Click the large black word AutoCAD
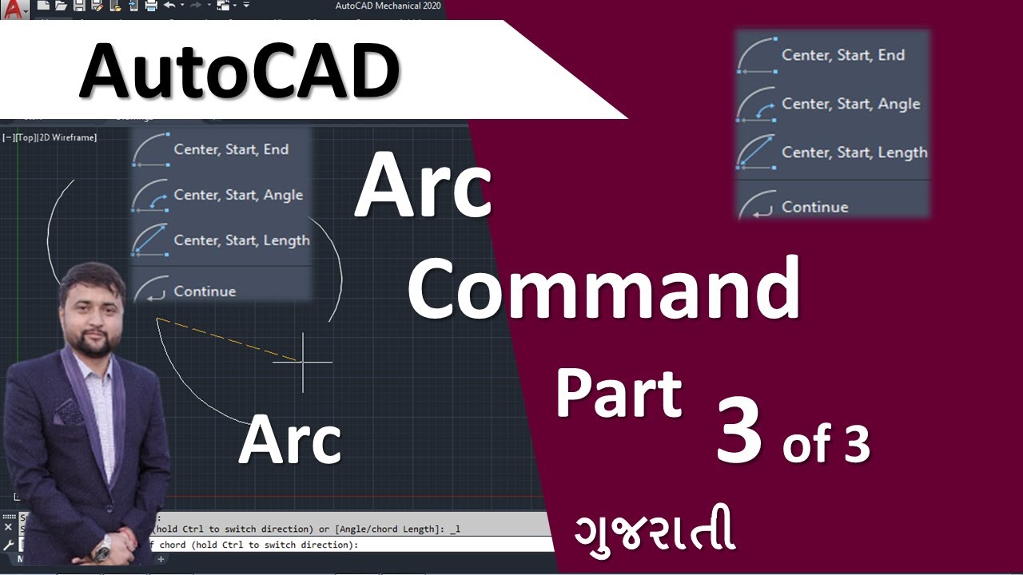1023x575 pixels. tap(239, 70)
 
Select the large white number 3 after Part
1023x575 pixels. tap(738, 431)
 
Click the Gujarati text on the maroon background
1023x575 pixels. tap(655, 533)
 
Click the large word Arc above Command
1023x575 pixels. tap(423, 188)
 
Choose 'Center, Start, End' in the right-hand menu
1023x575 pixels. tap(842, 55)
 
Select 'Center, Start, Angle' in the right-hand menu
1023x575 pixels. tap(850, 104)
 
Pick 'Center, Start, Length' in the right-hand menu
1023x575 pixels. tap(854, 153)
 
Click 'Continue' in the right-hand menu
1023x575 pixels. tap(814, 207)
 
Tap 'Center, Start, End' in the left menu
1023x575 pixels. tap(231, 149)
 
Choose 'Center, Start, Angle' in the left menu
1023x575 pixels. tap(238, 195)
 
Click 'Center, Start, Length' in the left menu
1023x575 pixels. tap(241, 240)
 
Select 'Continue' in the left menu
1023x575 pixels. tap(205, 291)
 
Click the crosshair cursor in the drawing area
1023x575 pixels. tap(303, 362)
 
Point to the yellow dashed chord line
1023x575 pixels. tap(228, 340)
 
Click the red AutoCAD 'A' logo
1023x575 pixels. tap(14, 9)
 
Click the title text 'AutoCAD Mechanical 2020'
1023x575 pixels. tap(388, 6)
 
